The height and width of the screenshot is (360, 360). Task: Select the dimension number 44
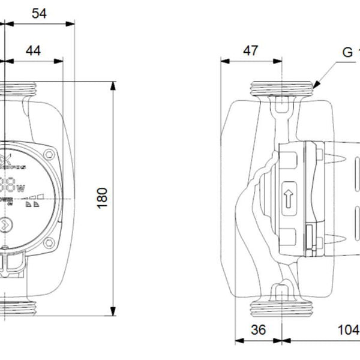point(34,51)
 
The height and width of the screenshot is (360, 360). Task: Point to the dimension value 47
point(250,50)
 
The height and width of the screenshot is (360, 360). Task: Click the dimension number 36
point(258,330)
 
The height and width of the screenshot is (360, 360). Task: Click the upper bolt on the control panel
point(49,155)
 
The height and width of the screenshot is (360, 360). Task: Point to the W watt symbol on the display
point(21,189)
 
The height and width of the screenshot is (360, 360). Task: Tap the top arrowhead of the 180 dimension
point(113,85)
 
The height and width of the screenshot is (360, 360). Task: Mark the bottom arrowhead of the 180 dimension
point(113,311)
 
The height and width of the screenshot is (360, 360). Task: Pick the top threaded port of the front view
point(18,91)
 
